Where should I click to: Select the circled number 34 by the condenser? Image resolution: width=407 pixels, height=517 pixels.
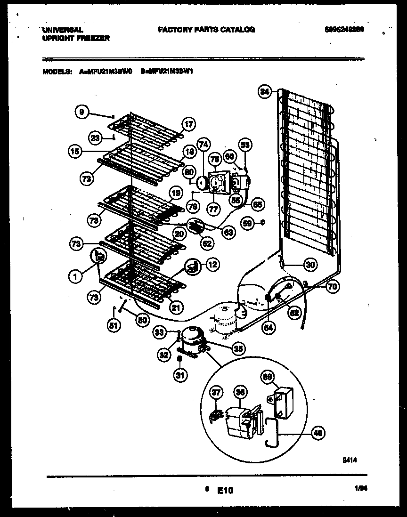(x=265, y=92)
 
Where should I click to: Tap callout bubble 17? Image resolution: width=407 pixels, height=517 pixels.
(x=188, y=125)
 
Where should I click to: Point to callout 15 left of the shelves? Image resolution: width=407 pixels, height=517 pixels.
(x=74, y=152)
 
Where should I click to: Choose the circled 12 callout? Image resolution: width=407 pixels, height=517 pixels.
(x=212, y=265)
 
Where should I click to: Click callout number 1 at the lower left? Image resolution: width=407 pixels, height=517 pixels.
(x=74, y=277)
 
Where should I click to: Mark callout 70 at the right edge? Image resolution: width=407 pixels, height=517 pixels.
(x=333, y=286)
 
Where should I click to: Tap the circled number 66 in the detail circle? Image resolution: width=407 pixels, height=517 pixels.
(x=267, y=376)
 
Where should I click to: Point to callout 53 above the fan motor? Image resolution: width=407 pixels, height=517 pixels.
(x=245, y=145)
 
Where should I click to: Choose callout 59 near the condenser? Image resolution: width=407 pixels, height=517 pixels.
(x=248, y=223)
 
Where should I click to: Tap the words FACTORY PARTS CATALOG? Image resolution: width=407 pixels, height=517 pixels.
(x=206, y=30)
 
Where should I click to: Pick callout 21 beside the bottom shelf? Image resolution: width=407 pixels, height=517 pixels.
(x=175, y=308)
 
